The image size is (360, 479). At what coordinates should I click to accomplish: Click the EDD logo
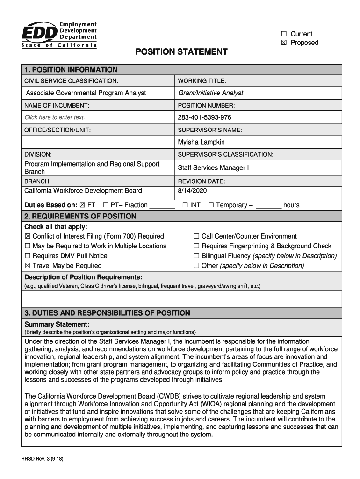click(59, 35)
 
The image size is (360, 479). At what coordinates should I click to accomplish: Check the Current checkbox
click(284, 34)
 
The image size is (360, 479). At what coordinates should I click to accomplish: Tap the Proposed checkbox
click(284, 43)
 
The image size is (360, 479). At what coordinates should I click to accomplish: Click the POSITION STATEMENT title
click(181, 52)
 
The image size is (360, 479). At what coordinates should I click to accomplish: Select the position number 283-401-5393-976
click(204, 117)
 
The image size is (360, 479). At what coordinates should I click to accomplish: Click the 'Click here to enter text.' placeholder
click(55, 117)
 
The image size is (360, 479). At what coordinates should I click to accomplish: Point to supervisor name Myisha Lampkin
click(201, 142)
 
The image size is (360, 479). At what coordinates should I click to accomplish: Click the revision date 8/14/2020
click(192, 191)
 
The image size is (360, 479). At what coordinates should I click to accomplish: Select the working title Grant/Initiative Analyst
click(210, 93)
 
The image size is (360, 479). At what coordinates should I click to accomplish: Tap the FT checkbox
click(83, 205)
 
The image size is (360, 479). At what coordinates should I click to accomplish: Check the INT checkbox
click(185, 205)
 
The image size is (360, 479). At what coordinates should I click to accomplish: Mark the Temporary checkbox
click(211, 205)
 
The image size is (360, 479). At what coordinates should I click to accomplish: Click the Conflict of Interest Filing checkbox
click(28, 236)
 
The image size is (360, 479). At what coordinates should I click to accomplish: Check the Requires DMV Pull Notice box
click(28, 256)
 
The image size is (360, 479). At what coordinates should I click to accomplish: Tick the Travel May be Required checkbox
click(28, 266)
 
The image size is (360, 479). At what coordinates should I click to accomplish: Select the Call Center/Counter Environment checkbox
click(196, 236)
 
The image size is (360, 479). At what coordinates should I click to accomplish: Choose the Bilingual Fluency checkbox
click(196, 256)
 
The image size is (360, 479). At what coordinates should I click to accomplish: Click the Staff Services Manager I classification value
click(213, 167)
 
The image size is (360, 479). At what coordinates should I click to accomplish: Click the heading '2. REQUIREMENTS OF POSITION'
click(80, 217)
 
